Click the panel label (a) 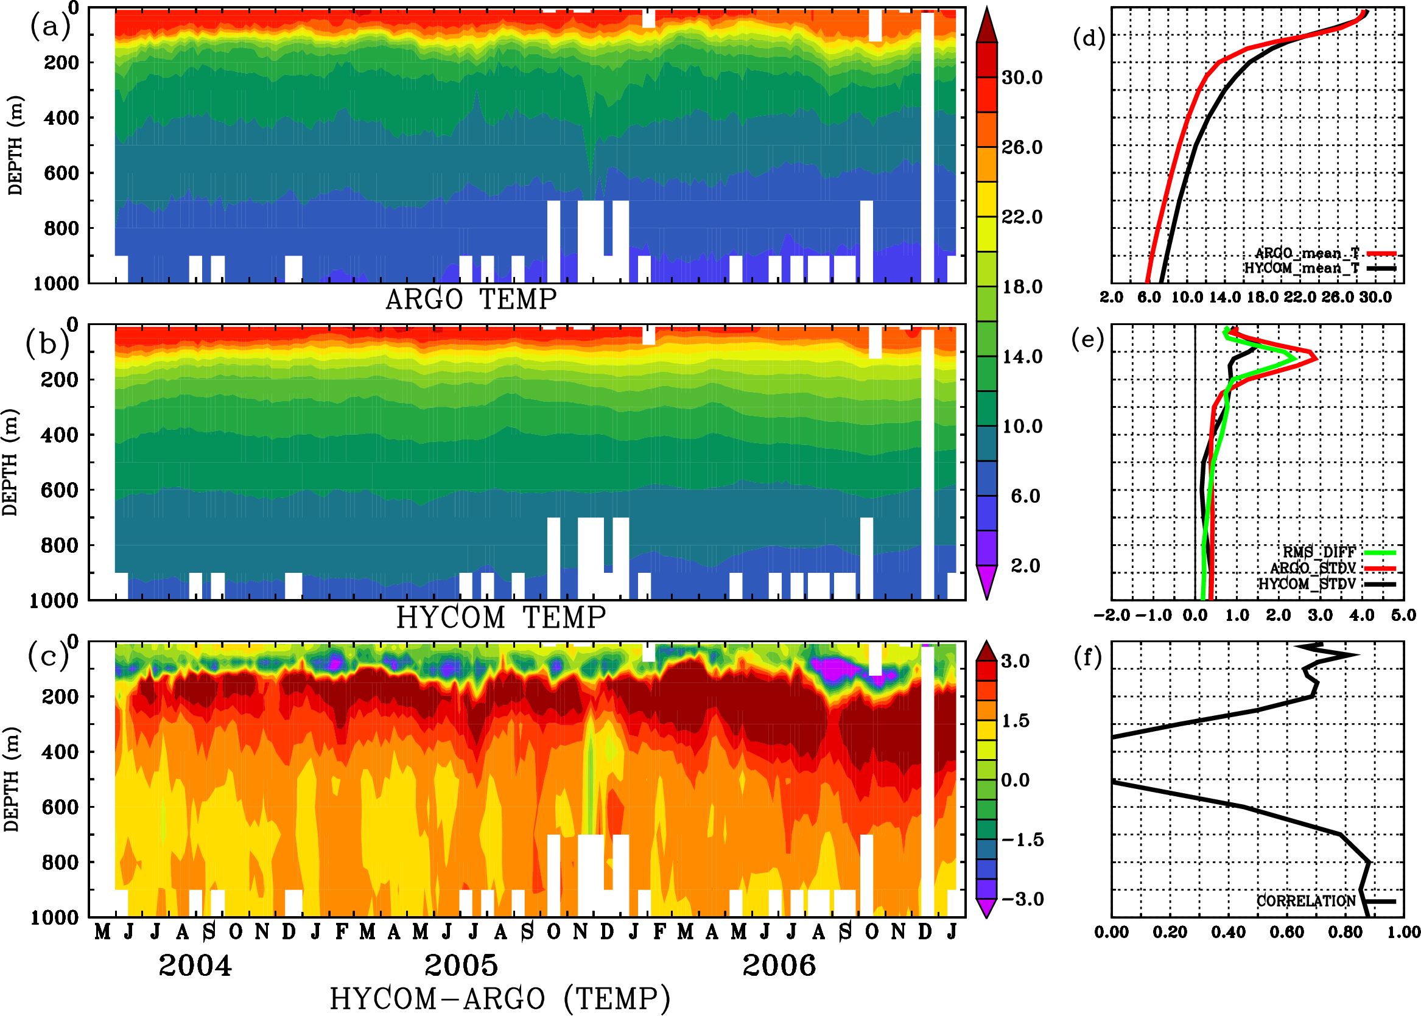click(x=50, y=27)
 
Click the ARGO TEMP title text click(x=471, y=300)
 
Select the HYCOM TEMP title click(x=500, y=617)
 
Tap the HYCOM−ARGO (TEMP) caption click(x=499, y=998)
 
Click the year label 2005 click(x=461, y=965)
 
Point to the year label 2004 click(x=195, y=965)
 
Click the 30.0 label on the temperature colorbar click(x=1022, y=77)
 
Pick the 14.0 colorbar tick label click(x=1022, y=357)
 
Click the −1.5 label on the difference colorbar click(x=1022, y=839)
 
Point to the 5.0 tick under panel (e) click(x=1403, y=615)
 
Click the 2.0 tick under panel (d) click(x=1111, y=297)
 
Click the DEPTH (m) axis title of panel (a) click(x=15, y=145)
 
